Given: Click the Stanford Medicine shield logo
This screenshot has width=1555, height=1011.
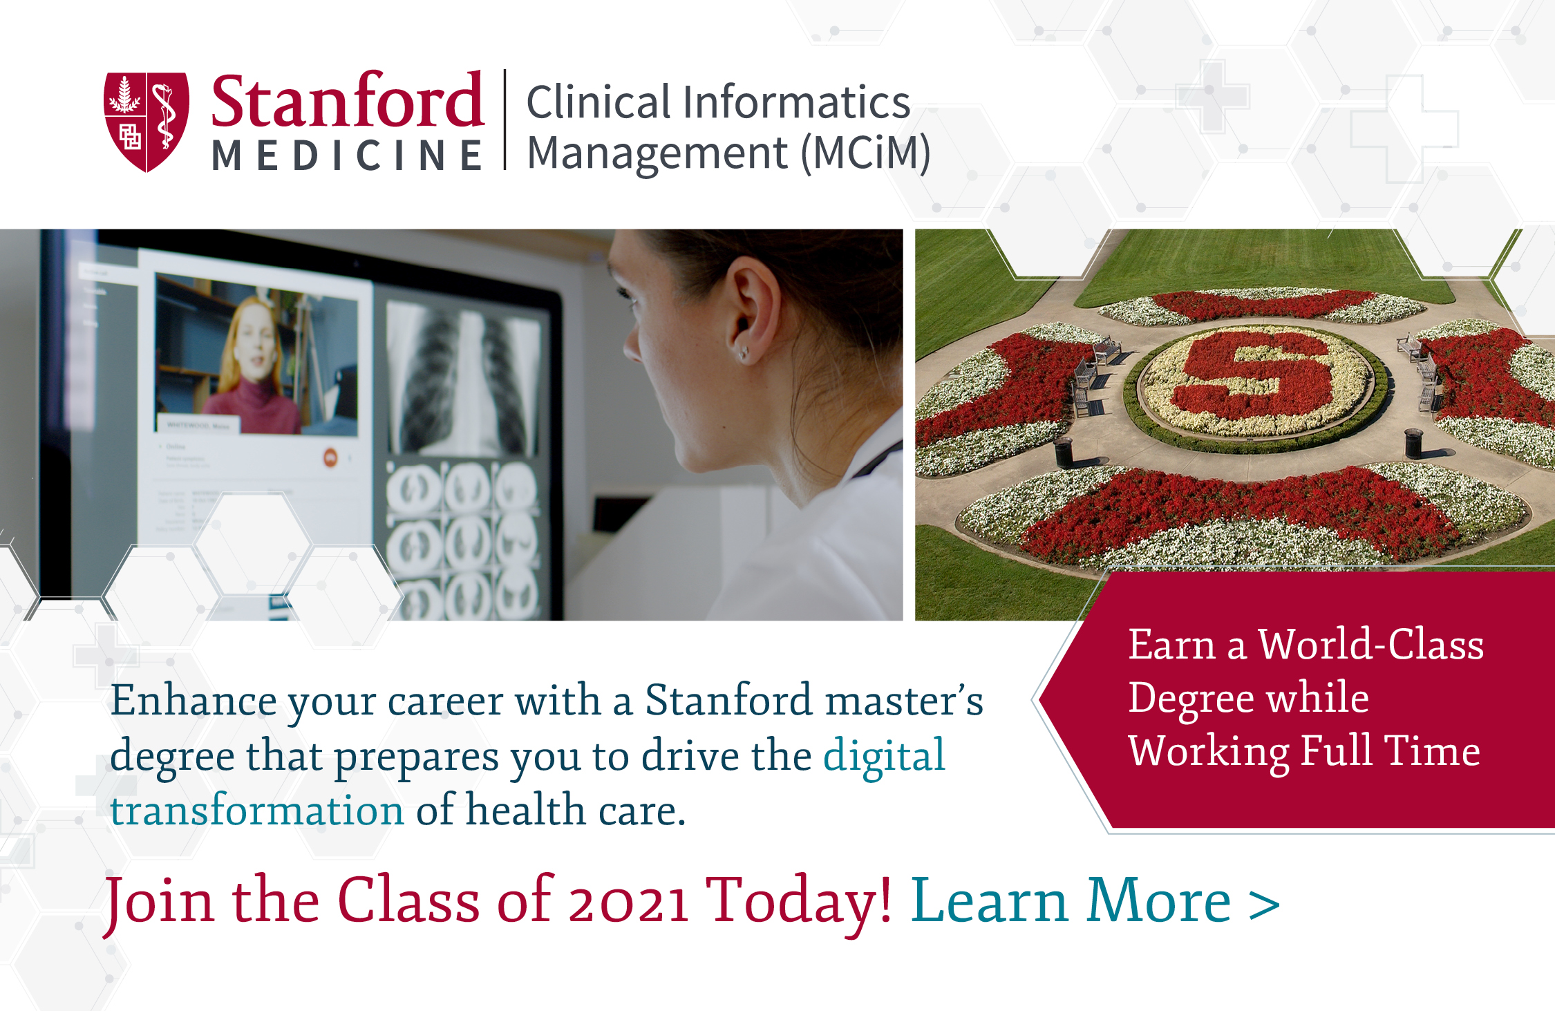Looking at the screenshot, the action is [x=146, y=122].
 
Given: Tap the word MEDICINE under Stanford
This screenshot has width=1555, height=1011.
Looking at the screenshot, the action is [x=347, y=155].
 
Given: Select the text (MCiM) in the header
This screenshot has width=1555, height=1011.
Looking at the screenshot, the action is [x=866, y=153].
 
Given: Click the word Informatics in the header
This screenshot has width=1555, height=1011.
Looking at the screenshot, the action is [x=797, y=102].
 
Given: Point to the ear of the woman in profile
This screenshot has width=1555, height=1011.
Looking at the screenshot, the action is [x=752, y=308].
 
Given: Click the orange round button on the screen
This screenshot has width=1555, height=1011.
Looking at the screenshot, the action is [x=330, y=457].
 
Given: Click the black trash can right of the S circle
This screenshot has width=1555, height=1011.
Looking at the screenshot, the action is [x=1415, y=443].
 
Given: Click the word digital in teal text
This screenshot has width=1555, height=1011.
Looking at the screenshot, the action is [x=884, y=755].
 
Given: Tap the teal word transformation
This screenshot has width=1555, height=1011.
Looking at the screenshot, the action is [x=257, y=810].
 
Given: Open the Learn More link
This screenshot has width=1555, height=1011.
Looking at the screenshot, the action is [x=1095, y=900].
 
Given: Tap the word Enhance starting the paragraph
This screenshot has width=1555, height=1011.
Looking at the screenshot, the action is [x=194, y=700].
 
